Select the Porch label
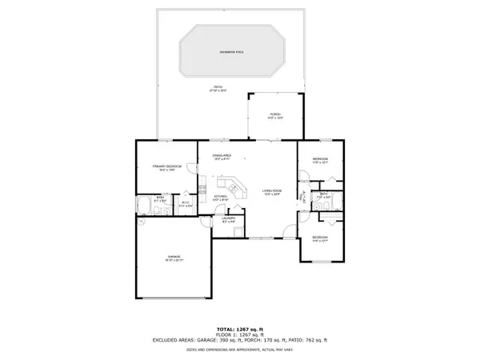click(x=275, y=114)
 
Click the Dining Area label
click(x=222, y=157)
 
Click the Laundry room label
click(x=227, y=220)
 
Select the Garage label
click(x=174, y=258)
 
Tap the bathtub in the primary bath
click(x=145, y=207)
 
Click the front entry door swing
click(x=302, y=194)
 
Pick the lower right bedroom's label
click(x=320, y=238)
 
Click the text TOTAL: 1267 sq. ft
click(x=240, y=329)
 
